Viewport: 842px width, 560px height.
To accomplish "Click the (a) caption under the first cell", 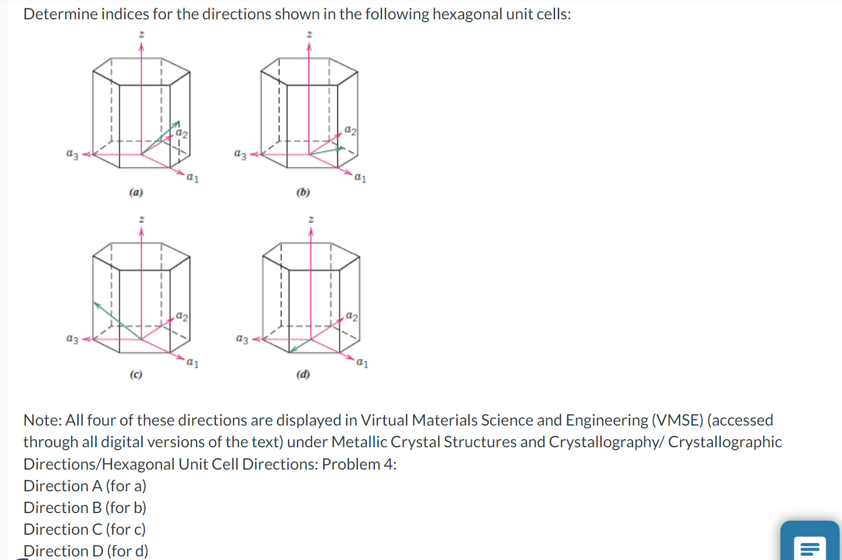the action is pyautogui.click(x=136, y=192).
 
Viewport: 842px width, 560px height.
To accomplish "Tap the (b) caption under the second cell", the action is pyautogui.click(x=303, y=192).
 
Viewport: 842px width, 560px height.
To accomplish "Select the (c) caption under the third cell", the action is pyautogui.click(x=136, y=374).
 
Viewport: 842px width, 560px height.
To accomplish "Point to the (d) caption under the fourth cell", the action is pyautogui.click(x=303, y=374).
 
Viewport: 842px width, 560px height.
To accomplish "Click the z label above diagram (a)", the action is pyautogui.click(x=141, y=35).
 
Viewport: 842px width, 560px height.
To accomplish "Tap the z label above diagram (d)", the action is pyautogui.click(x=311, y=219).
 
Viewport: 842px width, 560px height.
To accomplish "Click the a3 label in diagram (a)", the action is pyautogui.click(x=72, y=154).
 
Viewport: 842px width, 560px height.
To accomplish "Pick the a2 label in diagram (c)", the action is pyautogui.click(x=182, y=316).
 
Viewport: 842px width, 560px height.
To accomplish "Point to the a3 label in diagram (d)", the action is pyautogui.click(x=242, y=339).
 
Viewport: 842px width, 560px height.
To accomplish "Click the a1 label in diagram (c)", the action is pyautogui.click(x=192, y=363).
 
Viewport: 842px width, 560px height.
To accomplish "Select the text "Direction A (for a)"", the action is pyautogui.click(x=85, y=486).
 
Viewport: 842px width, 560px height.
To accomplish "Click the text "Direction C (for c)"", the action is pyautogui.click(x=84, y=529).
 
